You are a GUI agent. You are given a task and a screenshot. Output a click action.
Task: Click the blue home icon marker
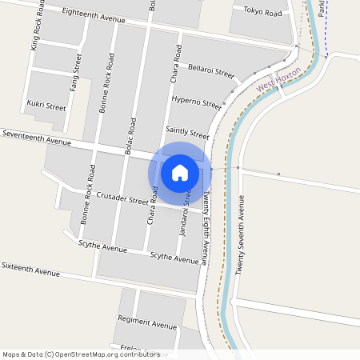point(180,172)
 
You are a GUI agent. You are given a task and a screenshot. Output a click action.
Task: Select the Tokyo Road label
point(262,13)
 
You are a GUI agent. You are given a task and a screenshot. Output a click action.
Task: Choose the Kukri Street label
point(46,106)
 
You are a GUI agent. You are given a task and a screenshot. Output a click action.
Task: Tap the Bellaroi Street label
point(210,71)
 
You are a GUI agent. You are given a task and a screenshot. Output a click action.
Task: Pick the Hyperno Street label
point(196,102)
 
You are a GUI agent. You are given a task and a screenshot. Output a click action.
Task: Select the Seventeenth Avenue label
point(37,138)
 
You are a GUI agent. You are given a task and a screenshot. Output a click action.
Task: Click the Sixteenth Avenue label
point(31,268)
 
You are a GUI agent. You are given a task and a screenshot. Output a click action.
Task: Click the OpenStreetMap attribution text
point(81,354)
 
